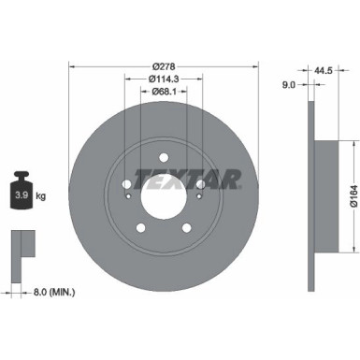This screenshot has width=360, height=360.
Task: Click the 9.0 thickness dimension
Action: click(290, 84)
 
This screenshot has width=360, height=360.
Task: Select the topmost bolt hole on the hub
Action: click(163, 157)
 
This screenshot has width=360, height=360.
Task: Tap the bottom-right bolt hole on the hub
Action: click(185, 227)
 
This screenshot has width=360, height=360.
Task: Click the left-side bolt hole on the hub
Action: click(126, 184)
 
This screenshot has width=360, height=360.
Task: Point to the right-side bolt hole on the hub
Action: click(199, 184)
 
